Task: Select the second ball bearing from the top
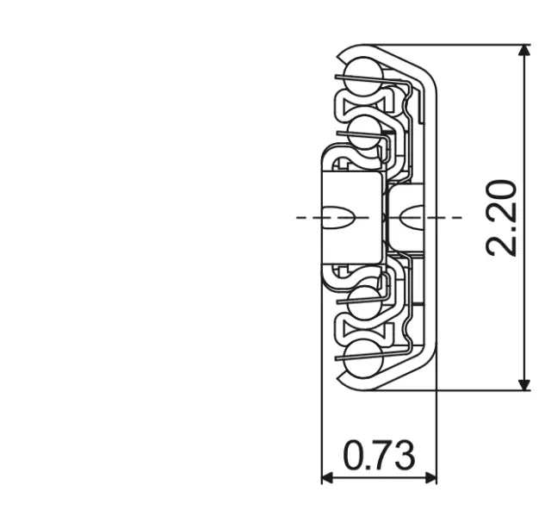click(365, 131)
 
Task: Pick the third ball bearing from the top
click(365, 302)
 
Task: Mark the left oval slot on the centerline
click(338, 217)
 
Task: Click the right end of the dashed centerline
click(460, 217)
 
